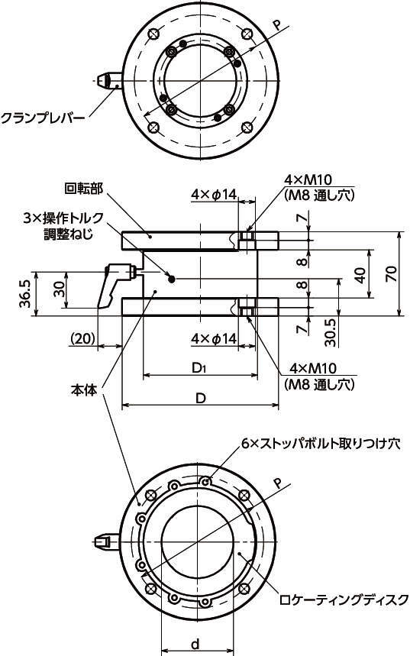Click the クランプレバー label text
[x=43, y=118]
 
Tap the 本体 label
[x=84, y=390]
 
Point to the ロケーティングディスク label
[x=344, y=599]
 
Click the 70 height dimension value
[x=392, y=273]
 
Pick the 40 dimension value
[x=360, y=274]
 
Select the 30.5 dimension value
[x=331, y=333]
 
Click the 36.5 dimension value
[x=25, y=294]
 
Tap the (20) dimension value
[x=82, y=338]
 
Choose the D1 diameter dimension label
[x=200, y=368]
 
